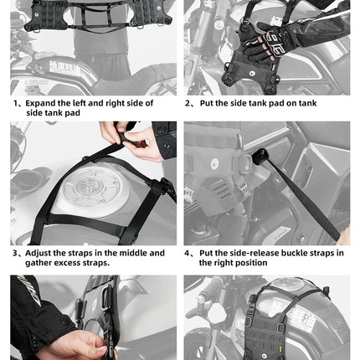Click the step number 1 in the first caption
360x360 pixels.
(16, 103)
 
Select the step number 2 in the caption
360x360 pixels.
(189, 103)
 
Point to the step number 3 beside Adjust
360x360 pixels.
(16, 252)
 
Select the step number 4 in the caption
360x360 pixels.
(189, 252)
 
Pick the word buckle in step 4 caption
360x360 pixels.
(308, 252)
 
